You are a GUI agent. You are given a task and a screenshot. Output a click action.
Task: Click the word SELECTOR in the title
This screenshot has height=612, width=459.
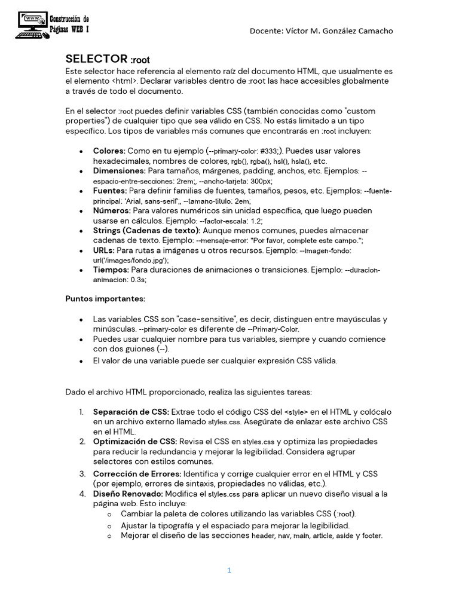point(96,59)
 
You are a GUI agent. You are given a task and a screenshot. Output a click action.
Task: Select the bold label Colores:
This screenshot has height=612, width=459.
point(109,151)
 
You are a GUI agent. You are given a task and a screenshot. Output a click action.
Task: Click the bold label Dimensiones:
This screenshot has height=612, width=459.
point(119,171)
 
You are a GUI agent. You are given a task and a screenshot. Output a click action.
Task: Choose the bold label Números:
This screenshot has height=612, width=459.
point(112,210)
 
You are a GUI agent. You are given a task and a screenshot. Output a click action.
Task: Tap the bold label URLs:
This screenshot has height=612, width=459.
point(104,250)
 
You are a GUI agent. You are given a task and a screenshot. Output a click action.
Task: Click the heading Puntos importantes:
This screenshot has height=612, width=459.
point(105,298)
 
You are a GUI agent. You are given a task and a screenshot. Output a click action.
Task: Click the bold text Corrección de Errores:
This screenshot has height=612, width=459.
point(137,473)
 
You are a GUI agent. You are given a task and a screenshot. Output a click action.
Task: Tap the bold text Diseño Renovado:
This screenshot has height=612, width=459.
point(128,494)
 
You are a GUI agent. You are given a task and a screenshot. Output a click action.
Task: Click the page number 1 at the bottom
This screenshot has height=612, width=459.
point(229,570)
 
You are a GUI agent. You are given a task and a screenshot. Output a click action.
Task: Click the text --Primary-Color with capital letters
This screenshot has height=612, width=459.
point(273,329)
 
